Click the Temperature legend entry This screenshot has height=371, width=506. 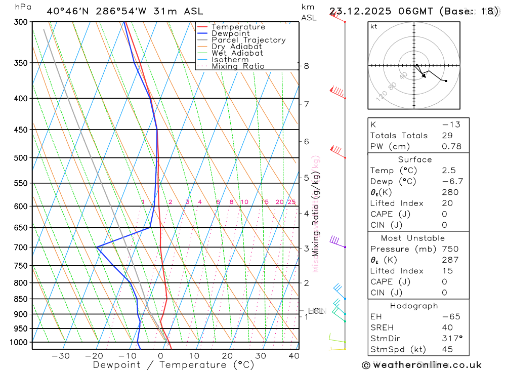238,27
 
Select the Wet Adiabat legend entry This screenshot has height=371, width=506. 237,53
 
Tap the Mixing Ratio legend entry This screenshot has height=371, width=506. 238,66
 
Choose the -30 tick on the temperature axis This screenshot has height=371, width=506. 61,356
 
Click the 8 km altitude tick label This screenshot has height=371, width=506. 307,66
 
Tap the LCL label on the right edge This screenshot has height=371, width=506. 315,311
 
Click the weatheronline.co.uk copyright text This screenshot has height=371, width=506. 422,365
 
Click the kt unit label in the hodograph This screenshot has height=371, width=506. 374,27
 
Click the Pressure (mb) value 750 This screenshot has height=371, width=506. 449,249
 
